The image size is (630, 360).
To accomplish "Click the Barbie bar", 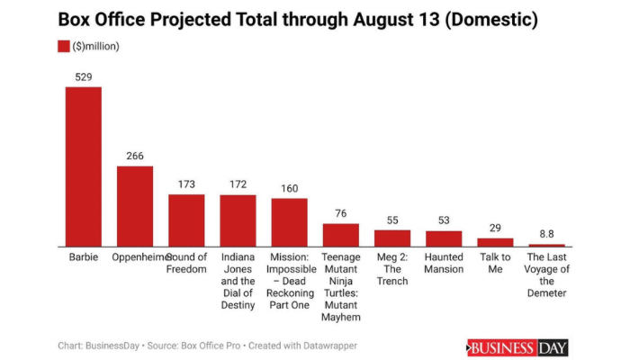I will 83,166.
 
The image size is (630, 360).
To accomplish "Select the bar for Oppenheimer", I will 134,206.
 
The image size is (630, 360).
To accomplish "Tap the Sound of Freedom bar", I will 186,220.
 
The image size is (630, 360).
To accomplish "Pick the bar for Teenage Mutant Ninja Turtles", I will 340,235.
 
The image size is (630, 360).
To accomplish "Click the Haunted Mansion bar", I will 444,238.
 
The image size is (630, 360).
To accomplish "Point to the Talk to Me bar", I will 495,242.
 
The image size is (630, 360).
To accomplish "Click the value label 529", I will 83,77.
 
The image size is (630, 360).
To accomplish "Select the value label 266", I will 134,157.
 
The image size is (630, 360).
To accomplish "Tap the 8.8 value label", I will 546,235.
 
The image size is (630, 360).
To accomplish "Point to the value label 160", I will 289,188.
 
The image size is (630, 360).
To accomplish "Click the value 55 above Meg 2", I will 392,220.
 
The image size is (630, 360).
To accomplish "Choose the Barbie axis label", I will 83,257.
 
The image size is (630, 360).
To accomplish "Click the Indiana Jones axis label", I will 238,281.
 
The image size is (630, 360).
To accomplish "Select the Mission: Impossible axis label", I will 289,281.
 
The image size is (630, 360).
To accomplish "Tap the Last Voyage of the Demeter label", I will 546,274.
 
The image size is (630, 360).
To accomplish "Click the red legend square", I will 64,46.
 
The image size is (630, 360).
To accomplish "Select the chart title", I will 286,18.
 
